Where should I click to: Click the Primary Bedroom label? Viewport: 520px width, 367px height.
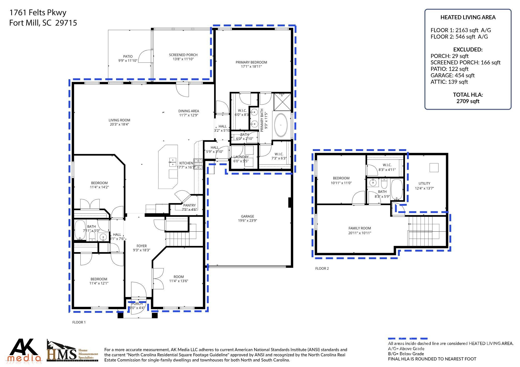tap(251, 62)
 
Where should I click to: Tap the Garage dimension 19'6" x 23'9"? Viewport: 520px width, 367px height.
tap(247, 221)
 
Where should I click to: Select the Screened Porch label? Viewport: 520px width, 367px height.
tap(183, 55)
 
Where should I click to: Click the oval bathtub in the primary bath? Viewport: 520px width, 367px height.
tap(281, 125)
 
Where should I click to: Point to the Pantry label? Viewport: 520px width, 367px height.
tap(189, 205)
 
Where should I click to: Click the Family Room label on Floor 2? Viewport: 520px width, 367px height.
tap(359, 228)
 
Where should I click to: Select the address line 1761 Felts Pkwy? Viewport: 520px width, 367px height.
tap(38, 13)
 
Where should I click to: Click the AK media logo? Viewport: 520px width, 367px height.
tap(24, 350)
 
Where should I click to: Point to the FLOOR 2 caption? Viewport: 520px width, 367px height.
tap(322, 268)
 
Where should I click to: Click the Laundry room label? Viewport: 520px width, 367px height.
tap(241, 157)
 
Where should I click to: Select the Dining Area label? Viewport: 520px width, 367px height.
tap(189, 111)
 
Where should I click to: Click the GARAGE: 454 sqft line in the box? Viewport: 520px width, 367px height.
tap(452, 75)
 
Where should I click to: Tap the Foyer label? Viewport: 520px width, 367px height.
tap(141, 246)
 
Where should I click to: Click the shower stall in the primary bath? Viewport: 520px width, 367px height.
tap(282, 102)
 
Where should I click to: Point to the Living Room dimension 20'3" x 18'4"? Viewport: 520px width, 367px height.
tap(119, 124)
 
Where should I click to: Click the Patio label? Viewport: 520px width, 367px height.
tap(128, 56)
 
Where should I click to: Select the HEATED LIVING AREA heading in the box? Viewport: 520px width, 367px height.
tap(468, 17)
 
